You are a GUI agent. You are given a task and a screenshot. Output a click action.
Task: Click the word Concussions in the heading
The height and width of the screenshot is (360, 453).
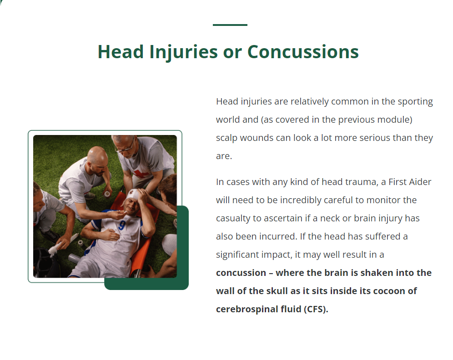pos(303,52)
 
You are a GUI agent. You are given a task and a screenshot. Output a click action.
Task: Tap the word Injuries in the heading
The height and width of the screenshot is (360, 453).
pos(183,53)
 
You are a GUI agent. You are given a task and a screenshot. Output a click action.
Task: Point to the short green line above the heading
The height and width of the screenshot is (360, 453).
pos(230,25)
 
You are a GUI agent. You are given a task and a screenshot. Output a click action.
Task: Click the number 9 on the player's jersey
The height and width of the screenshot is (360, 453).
pos(122,225)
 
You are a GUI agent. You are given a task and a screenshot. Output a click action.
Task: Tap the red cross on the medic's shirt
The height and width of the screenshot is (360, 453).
pos(141,174)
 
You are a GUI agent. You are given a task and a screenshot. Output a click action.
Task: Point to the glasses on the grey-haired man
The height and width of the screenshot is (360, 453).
pos(125,148)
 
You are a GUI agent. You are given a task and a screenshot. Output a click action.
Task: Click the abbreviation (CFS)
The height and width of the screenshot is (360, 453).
pos(316,310)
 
